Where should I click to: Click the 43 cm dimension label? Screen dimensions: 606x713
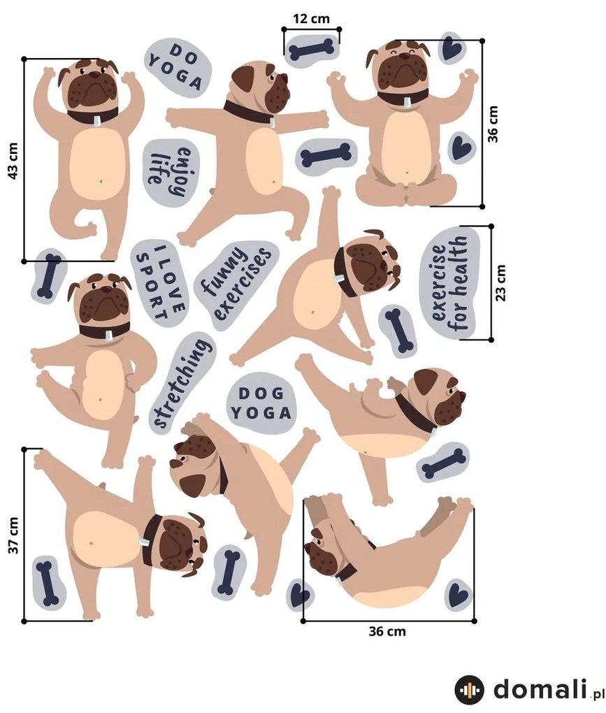pyautogui.click(x=13, y=161)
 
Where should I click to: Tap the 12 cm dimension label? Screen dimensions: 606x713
pyautogui.click(x=312, y=19)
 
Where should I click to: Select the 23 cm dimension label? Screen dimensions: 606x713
pyautogui.click(x=500, y=283)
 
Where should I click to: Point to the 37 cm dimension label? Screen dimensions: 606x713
pyautogui.click(x=13, y=535)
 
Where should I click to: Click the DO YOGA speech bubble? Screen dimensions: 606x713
pyautogui.click(x=178, y=66)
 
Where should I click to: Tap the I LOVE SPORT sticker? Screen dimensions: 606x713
pyautogui.click(x=159, y=282)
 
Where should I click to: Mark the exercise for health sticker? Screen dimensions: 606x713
pyautogui.click(x=451, y=283)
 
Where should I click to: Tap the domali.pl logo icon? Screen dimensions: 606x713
pyautogui.click(x=469, y=690)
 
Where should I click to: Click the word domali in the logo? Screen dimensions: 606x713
pyautogui.click(x=539, y=689)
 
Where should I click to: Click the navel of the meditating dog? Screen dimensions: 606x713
pyautogui.click(x=407, y=173)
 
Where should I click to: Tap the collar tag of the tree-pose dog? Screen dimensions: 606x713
pyautogui.click(x=96, y=120)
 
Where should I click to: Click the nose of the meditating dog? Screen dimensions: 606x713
pyautogui.click(x=404, y=57)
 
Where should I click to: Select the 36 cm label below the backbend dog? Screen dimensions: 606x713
pyautogui.click(x=387, y=631)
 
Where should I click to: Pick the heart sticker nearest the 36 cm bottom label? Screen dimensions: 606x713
pyautogui.click(x=459, y=594)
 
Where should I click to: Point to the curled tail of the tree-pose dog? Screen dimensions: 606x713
pyautogui.click(x=87, y=225)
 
